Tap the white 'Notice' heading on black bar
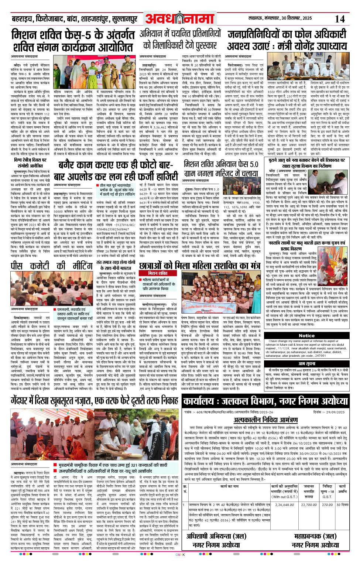(306, 336)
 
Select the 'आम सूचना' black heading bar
(306, 364)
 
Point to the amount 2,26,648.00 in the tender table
(284, 504)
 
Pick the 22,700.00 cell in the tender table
(309, 504)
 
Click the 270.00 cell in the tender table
(327, 504)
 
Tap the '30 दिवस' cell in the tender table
(342, 504)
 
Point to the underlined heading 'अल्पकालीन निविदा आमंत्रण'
(265, 420)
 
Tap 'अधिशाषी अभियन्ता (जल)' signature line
(216, 536)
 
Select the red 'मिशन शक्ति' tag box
(158, 273)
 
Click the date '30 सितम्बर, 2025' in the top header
(296, 18)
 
